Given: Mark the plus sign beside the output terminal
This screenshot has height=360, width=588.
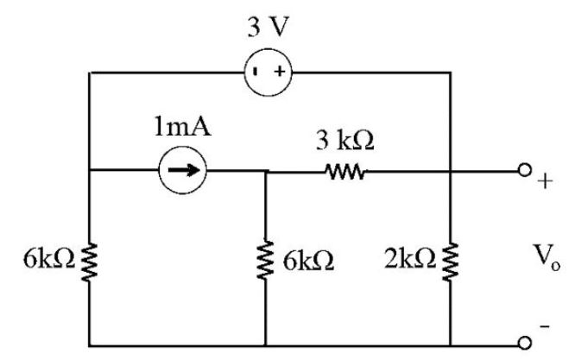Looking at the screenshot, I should pos(546,182).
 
